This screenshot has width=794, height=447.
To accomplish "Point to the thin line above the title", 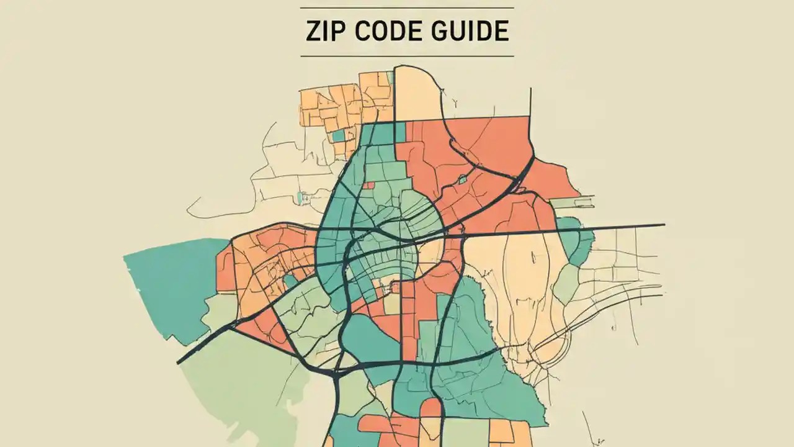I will [x=407, y=8].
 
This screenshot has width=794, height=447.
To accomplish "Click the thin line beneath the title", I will [x=407, y=56].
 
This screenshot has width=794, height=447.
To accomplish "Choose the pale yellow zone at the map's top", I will [x=417, y=93].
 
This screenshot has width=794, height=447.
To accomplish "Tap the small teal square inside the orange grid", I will [x=338, y=135].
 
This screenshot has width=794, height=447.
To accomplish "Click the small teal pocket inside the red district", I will [x=462, y=179].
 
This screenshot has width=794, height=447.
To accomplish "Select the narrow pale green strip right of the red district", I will [x=571, y=202].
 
